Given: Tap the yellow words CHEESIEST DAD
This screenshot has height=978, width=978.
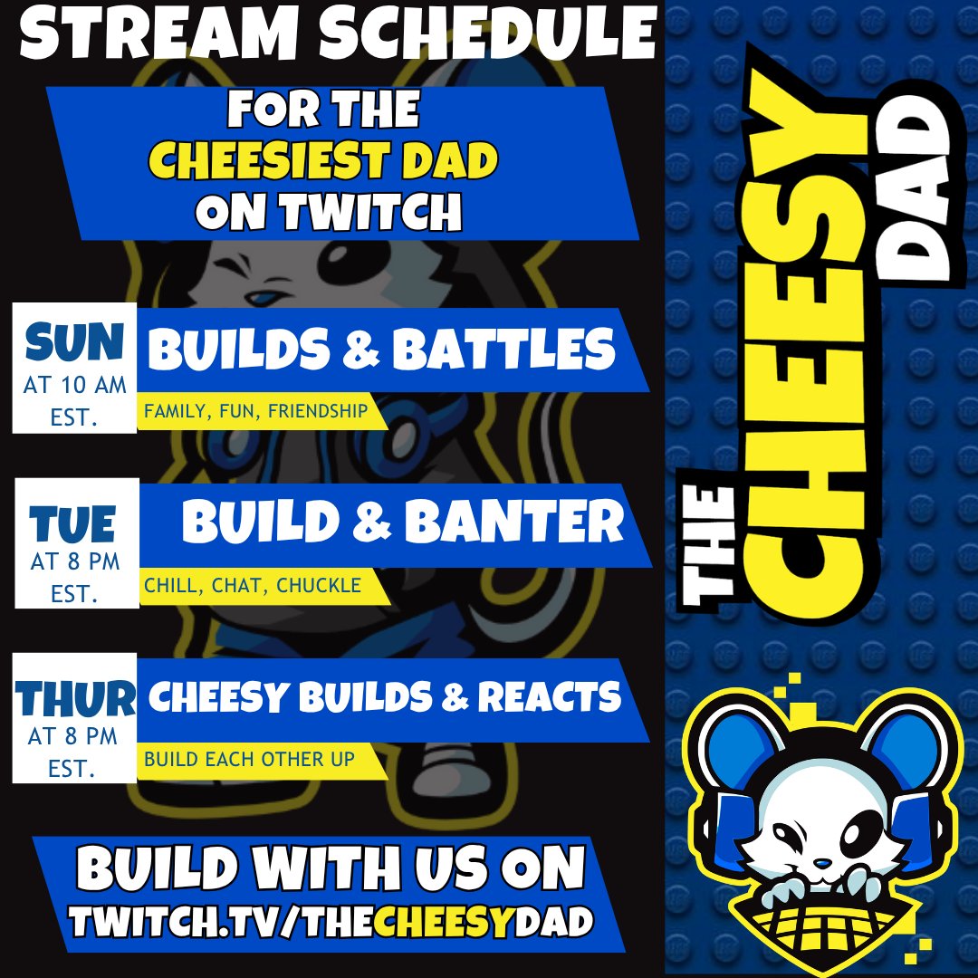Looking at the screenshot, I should pyautogui.click(x=323, y=163).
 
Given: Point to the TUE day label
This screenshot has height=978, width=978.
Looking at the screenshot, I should pyautogui.click(x=73, y=524).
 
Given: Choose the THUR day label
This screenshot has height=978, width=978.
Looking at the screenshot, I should pyautogui.click(x=74, y=697).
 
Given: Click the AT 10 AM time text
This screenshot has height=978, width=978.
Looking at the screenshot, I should pyautogui.click(x=75, y=386).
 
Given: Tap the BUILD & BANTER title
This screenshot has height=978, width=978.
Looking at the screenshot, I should pyautogui.click(x=403, y=523).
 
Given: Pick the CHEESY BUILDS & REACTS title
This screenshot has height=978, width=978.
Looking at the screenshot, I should pyautogui.click(x=385, y=697).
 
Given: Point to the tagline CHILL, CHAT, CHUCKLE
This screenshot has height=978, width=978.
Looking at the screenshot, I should pyautogui.click(x=253, y=586).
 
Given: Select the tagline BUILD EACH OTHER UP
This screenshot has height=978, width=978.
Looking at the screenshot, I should pyautogui.click(x=249, y=759).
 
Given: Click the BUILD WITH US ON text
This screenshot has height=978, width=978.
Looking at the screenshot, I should pyautogui.click(x=331, y=869).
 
